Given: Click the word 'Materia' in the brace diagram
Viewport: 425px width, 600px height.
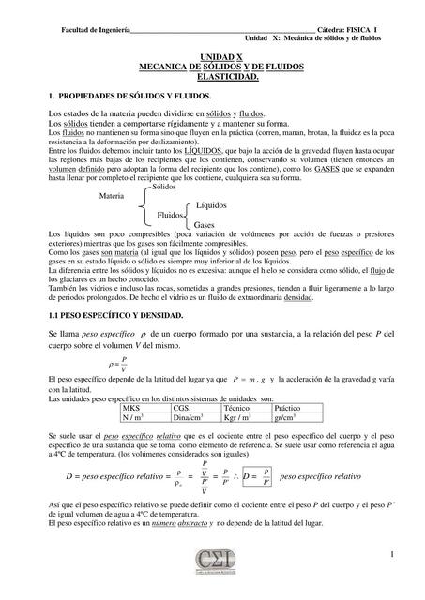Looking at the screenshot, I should pos(113,196).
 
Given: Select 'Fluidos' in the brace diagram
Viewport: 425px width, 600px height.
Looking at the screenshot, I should pos(171,215).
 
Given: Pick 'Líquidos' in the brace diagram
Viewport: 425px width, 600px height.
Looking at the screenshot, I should pos(213,204).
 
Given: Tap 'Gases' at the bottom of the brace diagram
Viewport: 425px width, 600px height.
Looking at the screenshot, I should pos(205,225).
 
